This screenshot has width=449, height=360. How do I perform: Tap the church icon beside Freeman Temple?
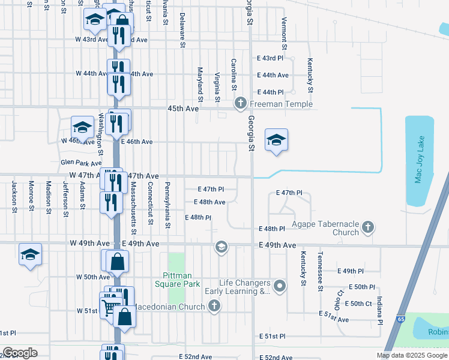click(x=241, y=104)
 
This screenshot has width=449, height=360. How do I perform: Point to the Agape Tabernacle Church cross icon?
click(x=368, y=227)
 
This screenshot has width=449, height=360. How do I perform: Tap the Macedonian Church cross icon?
click(x=213, y=307)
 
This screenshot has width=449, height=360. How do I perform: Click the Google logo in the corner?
click(x=20, y=353)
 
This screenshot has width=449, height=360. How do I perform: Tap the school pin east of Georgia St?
click(x=276, y=141)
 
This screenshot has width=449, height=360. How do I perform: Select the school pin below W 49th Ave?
click(x=30, y=254)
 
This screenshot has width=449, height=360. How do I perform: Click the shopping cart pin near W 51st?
click(x=109, y=308)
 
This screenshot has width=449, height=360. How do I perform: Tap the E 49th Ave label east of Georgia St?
click(x=278, y=245)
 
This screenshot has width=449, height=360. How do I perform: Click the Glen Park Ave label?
click(x=81, y=163)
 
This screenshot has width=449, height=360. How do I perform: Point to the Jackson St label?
click(x=13, y=195)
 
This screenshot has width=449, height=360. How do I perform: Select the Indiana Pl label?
click(x=379, y=310)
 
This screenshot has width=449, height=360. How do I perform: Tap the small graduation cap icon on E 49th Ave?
click(x=221, y=247)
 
